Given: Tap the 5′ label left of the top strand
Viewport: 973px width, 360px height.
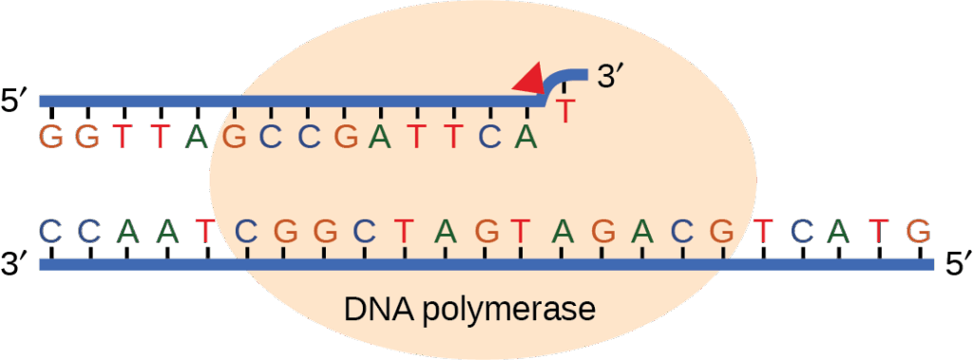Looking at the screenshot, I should coord(17,101).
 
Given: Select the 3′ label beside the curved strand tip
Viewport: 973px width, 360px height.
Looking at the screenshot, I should coord(608,77).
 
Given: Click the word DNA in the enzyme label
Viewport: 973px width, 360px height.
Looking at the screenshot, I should coord(375,310).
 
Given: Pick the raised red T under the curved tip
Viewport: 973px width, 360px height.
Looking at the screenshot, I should coord(565,111).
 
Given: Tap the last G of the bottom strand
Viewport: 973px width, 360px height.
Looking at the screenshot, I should coord(917,230).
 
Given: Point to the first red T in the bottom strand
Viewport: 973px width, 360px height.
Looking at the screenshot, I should coord(204,230).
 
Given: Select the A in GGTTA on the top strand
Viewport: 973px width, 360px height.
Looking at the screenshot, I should coord(197,137).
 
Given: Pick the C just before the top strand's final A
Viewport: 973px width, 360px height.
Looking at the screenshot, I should coord(489,137).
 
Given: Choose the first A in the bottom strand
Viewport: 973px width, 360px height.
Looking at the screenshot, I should coord(128,230).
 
